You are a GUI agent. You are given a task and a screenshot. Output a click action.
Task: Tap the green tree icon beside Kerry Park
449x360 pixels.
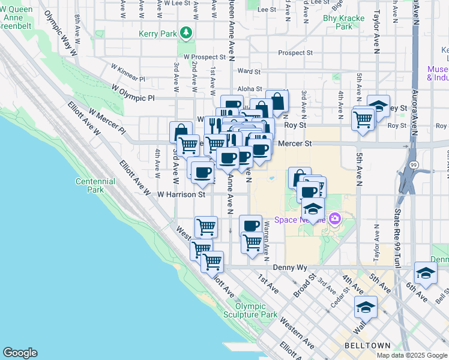point(187,32)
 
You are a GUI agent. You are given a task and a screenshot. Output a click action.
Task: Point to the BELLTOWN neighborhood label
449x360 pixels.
point(367,346)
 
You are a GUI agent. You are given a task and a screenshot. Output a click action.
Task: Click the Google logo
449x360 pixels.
point(19,353)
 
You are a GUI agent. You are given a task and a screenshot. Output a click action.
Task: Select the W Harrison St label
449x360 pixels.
point(181,194)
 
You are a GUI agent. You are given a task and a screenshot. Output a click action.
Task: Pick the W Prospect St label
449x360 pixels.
point(205,57)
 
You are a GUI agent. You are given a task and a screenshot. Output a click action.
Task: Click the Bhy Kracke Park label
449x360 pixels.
point(344,22)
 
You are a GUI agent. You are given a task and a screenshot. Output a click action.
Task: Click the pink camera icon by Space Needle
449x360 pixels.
point(334,220)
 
